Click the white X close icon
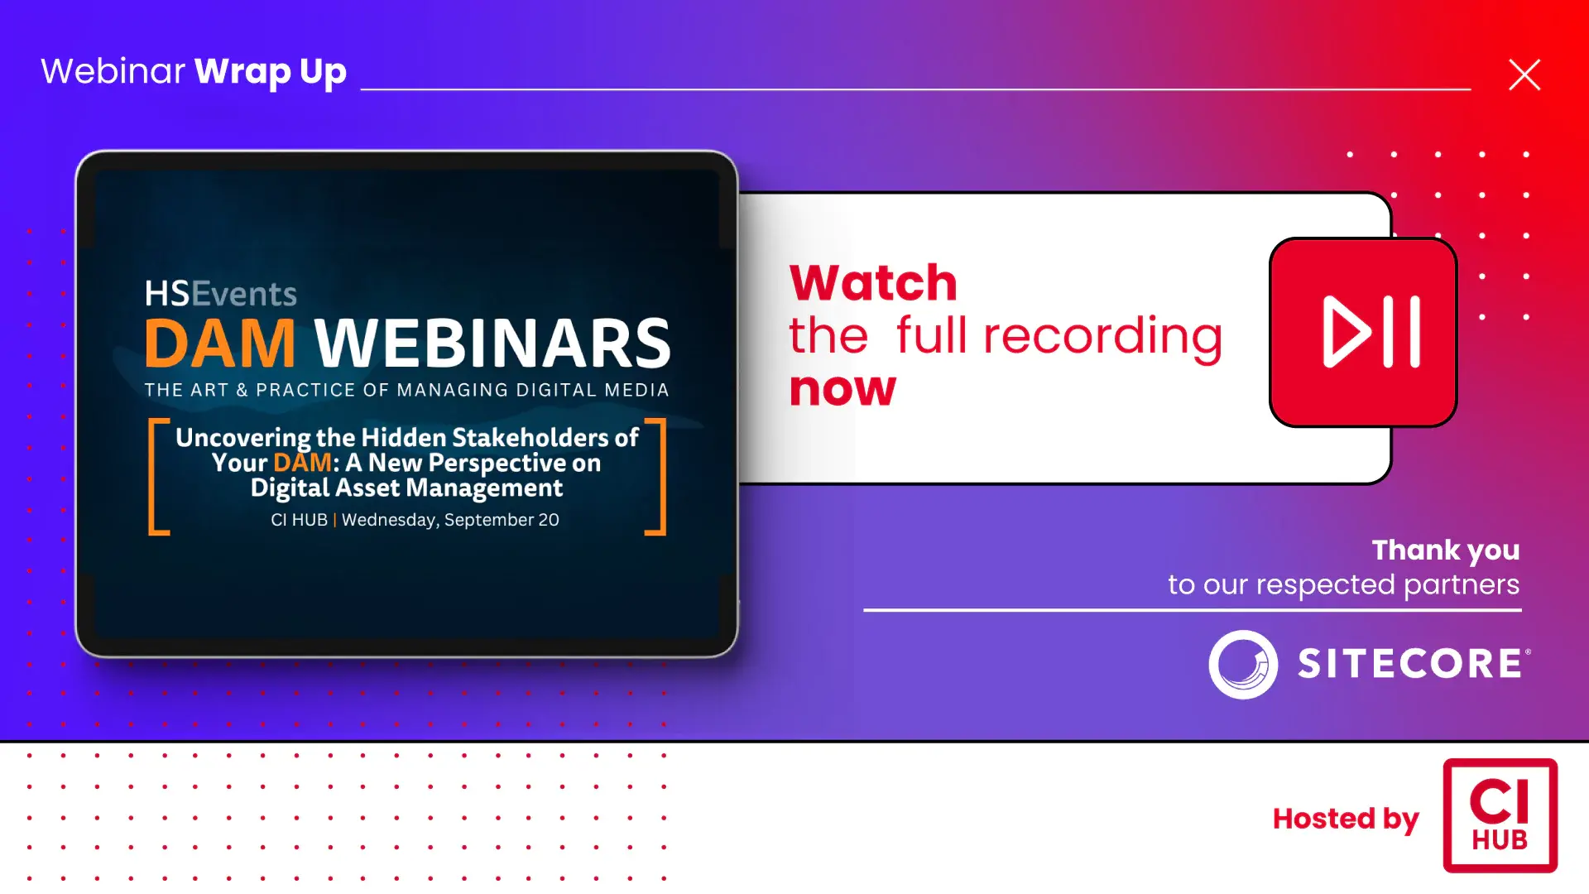pyautogui.click(x=1524, y=74)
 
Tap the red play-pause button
pyautogui.click(x=1363, y=332)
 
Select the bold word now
pyautogui.click(x=843, y=388)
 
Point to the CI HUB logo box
pyautogui.click(x=1500, y=815)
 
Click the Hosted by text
pyautogui.click(x=1346, y=819)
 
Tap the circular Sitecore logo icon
pyautogui.click(x=1243, y=664)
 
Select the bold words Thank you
pyautogui.click(x=1446, y=550)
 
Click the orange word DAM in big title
pyautogui.click(x=220, y=343)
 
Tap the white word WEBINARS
pyautogui.click(x=493, y=343)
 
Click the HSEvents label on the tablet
pyautogui.click(x=221, y=294)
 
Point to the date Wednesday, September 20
pyautogui.click(x=450, y=520)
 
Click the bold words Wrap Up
pyautogui.click(x=271, y=72)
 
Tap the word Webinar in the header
pyautogui.click(x=113, y=71)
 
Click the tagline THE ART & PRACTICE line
pyautogui.click(x=406, y=390)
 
